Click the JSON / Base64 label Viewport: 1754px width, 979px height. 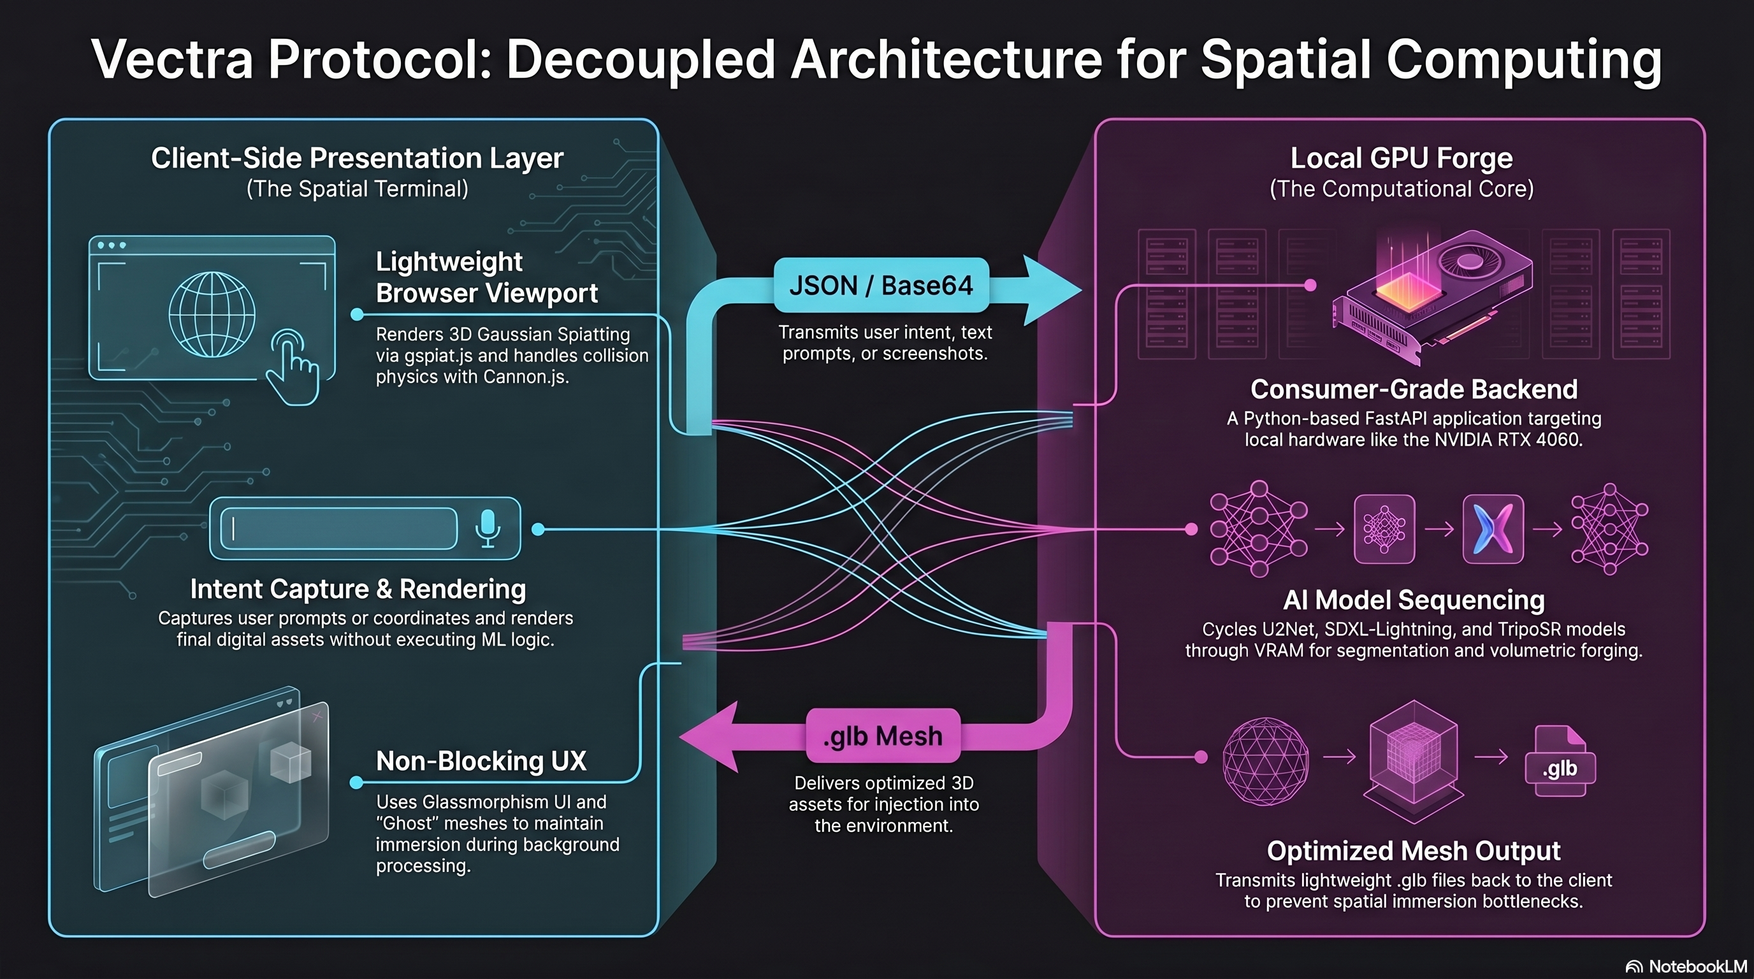[881, 286]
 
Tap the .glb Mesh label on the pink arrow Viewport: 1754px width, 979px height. [883, 737]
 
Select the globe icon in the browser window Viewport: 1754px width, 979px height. [212, 314]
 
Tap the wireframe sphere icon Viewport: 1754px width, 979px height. [1265, 760]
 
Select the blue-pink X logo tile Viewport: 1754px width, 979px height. [1493, 529]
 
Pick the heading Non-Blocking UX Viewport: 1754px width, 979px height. [481, 761]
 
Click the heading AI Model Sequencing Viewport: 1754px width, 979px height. [1414, 600]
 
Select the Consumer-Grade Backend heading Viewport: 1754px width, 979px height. [1414, 389]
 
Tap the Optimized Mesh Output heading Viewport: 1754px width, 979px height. [1414, 851]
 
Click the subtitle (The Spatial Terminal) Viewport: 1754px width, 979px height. [358, 189]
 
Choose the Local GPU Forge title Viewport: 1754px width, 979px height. [1402, 158]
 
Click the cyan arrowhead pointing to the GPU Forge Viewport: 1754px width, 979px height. [1053, 291]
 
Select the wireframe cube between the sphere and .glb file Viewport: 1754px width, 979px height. [1414, 760]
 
